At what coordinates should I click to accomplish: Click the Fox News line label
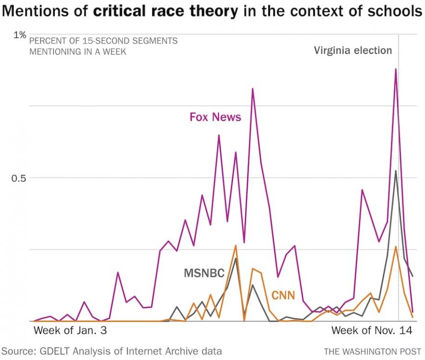click(x=215, y=117)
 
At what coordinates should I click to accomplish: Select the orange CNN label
click(x=283, y=295)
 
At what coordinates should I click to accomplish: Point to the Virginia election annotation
click(x=353, y=50)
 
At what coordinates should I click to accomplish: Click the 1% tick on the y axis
click(x=19, y=35)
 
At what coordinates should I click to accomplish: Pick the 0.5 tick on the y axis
click(x=18, y=178)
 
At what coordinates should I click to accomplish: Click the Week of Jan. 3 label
click(x=69, y=331)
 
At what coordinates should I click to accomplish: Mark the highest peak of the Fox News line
click(x=396, y=69)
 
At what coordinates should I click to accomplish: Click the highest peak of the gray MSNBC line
click(x=396, y=171)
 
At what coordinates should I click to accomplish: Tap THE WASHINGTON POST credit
click(x=372, y=351)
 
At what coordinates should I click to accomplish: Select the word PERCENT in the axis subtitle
click(x=47, y=41)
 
